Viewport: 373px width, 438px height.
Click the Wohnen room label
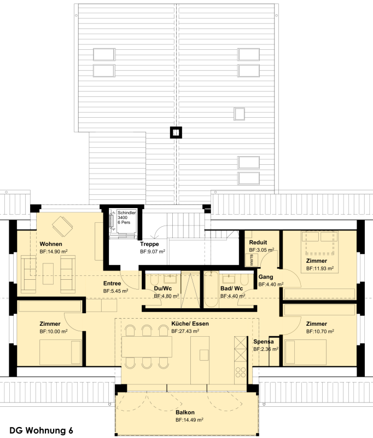[51, 244]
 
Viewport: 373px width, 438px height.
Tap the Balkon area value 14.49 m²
[189, 419]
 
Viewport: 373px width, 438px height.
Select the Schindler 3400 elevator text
[126, 217]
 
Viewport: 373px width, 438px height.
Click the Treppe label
[149, 244]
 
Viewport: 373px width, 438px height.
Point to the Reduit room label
[258, 242]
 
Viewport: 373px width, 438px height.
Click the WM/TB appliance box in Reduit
[252, 260]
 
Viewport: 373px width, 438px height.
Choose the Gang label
[266, 277]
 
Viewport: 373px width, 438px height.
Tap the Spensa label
[264, 341]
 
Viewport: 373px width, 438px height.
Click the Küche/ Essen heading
[190, 324]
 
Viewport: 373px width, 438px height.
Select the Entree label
[112, 283]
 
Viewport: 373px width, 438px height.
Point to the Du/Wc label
[163, 289]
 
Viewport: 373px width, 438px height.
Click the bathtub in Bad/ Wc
[211, 290]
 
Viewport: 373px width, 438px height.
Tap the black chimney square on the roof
[176, 132]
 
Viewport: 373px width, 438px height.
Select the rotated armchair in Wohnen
[62, 226]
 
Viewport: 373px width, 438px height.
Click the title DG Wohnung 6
[41, 430]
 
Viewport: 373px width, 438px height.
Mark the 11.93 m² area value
[320, 268]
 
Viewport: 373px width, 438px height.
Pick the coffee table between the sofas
[48, 274]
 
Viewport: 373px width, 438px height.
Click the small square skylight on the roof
[239, 114]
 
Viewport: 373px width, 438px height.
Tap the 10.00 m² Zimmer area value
[54, 331]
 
